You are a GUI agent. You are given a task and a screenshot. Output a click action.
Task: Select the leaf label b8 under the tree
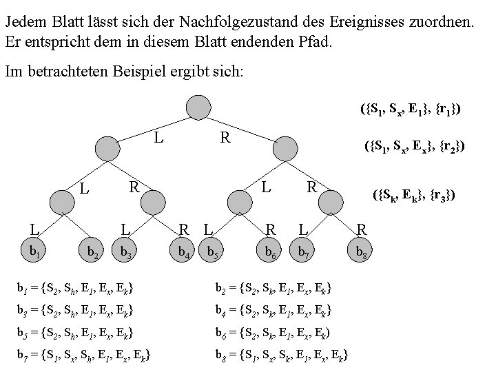tap(361, 254)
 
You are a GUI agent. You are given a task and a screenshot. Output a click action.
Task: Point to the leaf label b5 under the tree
tap(215, 254)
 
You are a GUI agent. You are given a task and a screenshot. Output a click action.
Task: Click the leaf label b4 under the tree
tap(184, 254)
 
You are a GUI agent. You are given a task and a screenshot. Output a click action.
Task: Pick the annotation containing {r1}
tap(411, 108)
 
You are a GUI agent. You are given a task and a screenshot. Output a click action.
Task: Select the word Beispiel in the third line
tap(134, 71)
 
